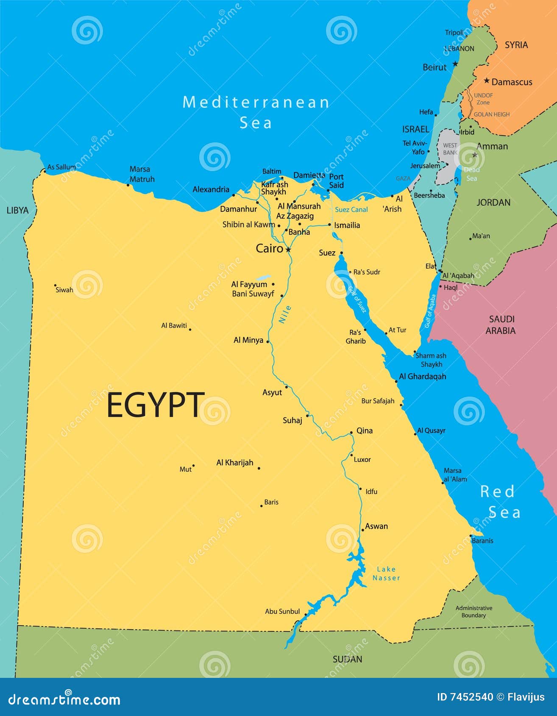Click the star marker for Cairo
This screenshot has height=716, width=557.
(288, 250)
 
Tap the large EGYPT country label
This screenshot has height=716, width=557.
(155, 405)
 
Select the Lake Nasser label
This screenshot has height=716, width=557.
(386, 574)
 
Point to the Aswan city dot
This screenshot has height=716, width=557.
(362, 530)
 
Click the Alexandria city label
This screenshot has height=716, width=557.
(211, 189)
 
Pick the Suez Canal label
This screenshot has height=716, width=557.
(351, 210)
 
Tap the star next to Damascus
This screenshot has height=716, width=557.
(487, 80)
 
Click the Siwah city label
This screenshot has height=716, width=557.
(64, 290)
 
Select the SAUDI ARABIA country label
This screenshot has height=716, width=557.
(501, 325)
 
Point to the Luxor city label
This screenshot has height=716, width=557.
(362, 460)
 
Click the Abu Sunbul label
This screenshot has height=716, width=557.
(282, 611)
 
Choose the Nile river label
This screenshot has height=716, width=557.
(285, 314)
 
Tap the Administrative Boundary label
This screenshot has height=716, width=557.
(473, 612)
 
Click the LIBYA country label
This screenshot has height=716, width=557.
(17, 211)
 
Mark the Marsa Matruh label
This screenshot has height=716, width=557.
(142, 174)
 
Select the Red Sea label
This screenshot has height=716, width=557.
(500, 502)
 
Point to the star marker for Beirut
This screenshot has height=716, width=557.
(455, 64)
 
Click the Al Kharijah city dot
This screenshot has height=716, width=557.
(259, 468)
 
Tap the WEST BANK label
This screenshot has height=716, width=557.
(450, 149)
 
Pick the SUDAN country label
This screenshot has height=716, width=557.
(347, 659)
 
